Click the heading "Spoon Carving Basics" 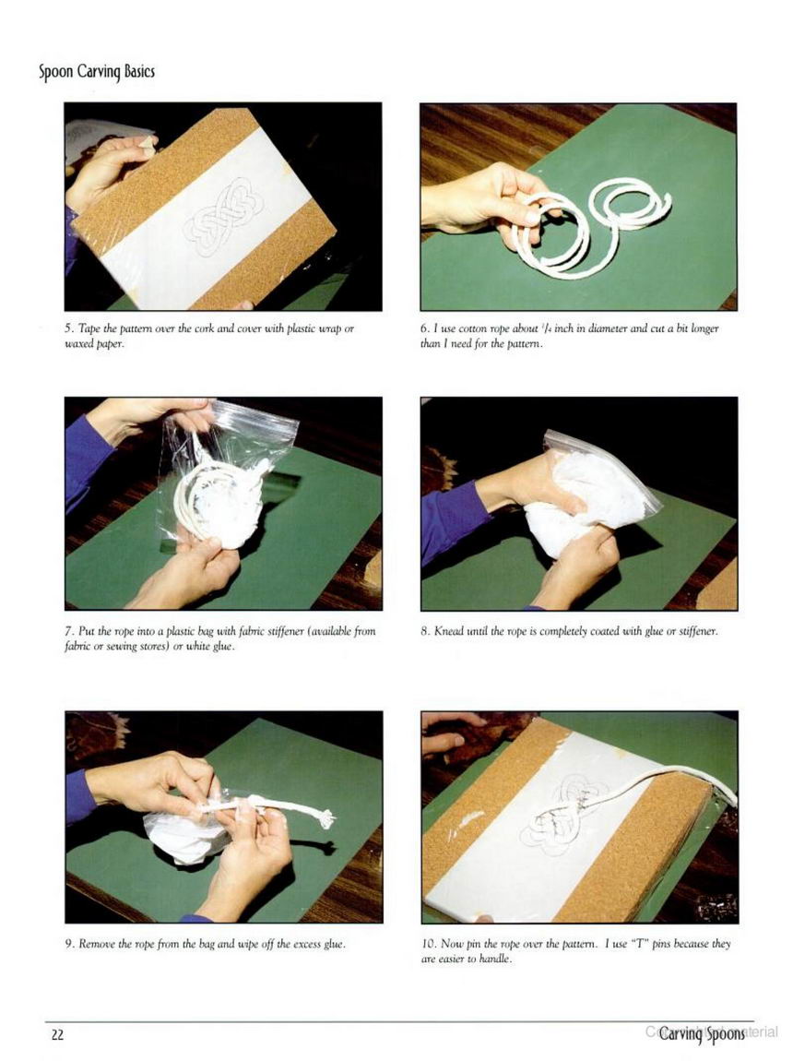[97, 72]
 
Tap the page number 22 [57, 1034]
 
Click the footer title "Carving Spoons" [702, 1034]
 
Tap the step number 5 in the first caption [68, 328]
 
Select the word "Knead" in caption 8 [447, 631]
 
